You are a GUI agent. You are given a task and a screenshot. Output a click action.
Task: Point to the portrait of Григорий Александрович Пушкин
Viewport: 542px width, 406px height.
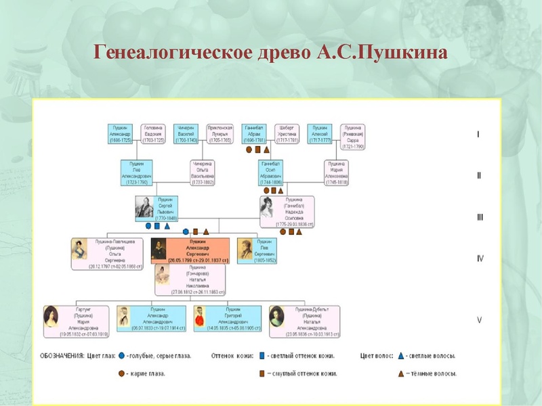(x=201, y=317)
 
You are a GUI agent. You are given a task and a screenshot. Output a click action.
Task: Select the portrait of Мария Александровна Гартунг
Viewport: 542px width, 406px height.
(x=51, y=317)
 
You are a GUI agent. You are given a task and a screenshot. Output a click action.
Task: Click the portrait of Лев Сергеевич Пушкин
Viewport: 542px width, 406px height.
(x=245, y=248)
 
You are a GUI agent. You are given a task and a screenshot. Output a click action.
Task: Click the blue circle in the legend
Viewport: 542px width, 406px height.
(x=121, y=355)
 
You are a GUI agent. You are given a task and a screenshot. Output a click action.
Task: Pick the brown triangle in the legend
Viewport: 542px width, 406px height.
(x=400, y=373)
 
